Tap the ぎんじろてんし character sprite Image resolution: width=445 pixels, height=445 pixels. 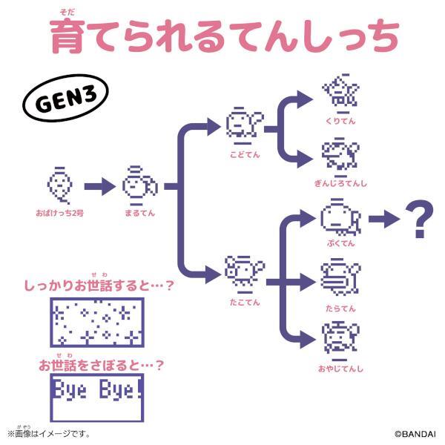click(x=340, y=156)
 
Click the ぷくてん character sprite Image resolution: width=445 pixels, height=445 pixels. click(x=340, y=218)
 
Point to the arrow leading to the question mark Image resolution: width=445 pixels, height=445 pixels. click(x=383, y=218)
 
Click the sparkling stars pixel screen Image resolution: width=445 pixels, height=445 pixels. click(x=97, y=322)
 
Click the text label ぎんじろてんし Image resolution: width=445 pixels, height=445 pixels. click(x=340, y=183)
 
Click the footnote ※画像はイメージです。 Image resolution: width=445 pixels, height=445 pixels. click(x=48, y=432)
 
